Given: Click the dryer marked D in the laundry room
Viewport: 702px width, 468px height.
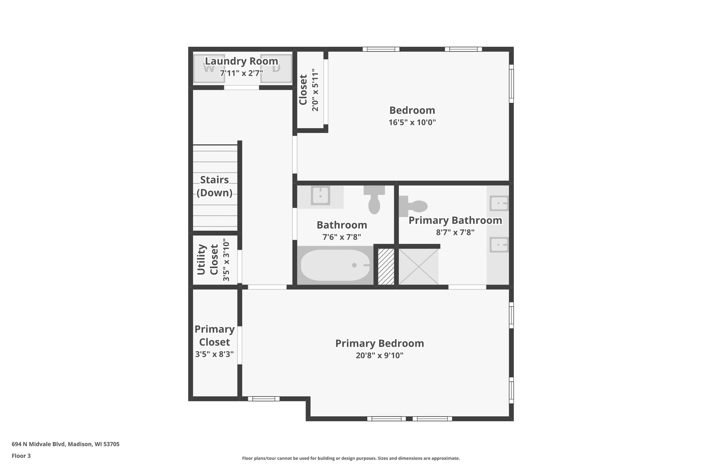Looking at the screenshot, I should pyautogui.click(x=276, y=69).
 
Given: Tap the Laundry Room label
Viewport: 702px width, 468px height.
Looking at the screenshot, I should pyautogui.click(x=241, y=61).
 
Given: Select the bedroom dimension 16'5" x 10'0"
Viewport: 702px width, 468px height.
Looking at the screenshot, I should pyautogui.click(x=412, y=122).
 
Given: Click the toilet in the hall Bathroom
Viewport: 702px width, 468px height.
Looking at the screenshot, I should pyautogui.click(x=374, y=201).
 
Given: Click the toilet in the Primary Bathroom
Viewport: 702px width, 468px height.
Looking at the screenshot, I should pyautogui.click(x=414, y=206).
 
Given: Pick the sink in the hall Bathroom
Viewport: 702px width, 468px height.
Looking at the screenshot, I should pyautogui.click(x=320, y=196).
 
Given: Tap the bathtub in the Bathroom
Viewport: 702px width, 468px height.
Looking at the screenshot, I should pyautogui.click(x=335, y=265).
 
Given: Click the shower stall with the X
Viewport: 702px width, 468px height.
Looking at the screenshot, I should pyautogui.click(x=419, y=266).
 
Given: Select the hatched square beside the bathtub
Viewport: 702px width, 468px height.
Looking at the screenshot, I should pyautogui.click(x=386, y=266).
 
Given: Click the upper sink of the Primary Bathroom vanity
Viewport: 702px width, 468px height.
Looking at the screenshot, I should pyautogui.click(x=499, y=203).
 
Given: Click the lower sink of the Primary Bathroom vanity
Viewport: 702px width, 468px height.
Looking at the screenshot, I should pyautogui.click(x=499, y=245).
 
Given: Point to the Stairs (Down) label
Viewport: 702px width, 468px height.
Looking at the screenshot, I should pyautogui.click(x=215, y=186).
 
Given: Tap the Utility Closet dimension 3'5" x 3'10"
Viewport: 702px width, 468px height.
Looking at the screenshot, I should pyautogui.click(x=226, y=260).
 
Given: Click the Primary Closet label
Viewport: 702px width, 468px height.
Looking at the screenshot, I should pyautogui.click(x=215, y=335).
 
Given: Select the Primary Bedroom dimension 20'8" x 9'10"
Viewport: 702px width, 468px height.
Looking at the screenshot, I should pyautogui.click(x=379, y=356).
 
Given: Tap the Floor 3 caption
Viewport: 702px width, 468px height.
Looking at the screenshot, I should pyautogui.click(x=21, y=456).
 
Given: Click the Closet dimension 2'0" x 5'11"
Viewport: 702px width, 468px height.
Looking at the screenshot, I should pyautogui.click(x=315, y=90).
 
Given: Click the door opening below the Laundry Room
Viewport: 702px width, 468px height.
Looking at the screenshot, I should pyautogui.click(x=241, y=88).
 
